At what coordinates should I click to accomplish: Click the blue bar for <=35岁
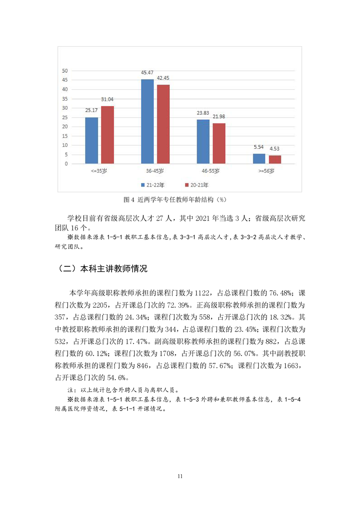point(91,140)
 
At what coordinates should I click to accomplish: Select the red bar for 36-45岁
point(163,124)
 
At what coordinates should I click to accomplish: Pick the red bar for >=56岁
point(275,159)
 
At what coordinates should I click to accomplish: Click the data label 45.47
point(147,73)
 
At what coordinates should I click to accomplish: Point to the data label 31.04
point(108,99)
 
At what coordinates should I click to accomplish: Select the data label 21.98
point(219,117)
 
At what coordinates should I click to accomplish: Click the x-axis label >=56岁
point(266,171)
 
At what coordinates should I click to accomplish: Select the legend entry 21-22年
point(154,185)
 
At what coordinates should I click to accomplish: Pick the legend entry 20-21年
point(197,185)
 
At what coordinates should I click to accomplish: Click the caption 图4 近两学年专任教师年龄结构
point(175,199)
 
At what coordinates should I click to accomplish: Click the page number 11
point(180,476)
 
